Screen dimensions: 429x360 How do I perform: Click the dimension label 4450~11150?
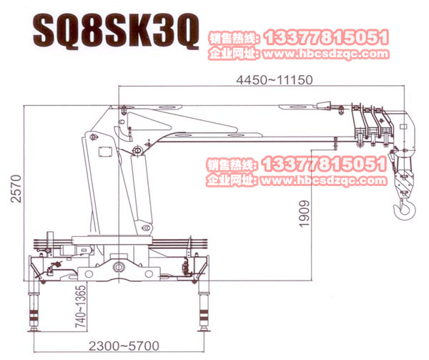274,80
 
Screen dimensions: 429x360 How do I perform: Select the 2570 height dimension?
16,189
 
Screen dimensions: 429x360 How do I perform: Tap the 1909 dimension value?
305,214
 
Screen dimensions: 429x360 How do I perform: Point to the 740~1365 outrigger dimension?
81,306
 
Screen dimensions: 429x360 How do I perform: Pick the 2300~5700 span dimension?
124,346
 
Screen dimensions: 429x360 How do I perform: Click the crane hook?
405,208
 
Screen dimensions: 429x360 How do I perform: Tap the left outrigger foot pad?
34,329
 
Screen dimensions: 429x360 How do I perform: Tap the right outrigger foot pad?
204,329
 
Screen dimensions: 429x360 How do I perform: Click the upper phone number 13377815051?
327,37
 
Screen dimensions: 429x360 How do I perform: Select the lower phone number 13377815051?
325,164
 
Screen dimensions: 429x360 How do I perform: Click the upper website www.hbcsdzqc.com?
326,54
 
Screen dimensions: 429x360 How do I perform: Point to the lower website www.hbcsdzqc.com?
324,180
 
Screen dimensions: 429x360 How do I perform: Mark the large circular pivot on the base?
119,266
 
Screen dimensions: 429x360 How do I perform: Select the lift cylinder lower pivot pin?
147,228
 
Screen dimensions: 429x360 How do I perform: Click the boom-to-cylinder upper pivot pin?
137,150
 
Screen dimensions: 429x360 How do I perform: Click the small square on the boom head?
403,127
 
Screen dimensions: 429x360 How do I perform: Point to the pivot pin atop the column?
93,137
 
